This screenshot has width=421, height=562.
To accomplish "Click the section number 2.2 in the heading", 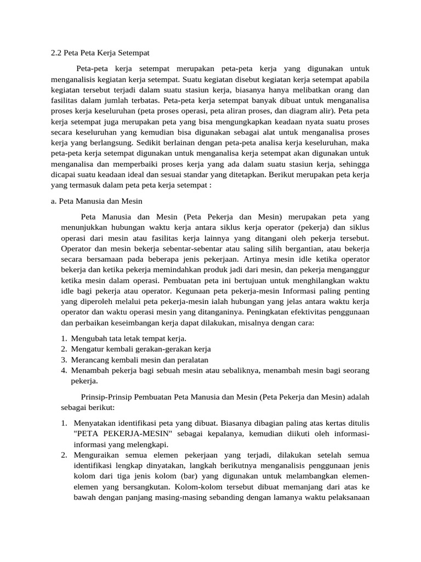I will click(x=56, y=53).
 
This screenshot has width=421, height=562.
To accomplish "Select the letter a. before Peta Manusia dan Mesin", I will click(x=53, y=201).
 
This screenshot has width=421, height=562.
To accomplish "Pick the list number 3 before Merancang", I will click(x=64, y=360).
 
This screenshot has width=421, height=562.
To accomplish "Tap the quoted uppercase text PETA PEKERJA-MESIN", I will click(x=121, y=434).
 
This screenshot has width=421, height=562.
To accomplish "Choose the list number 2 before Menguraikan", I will click(x=64, y=456).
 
